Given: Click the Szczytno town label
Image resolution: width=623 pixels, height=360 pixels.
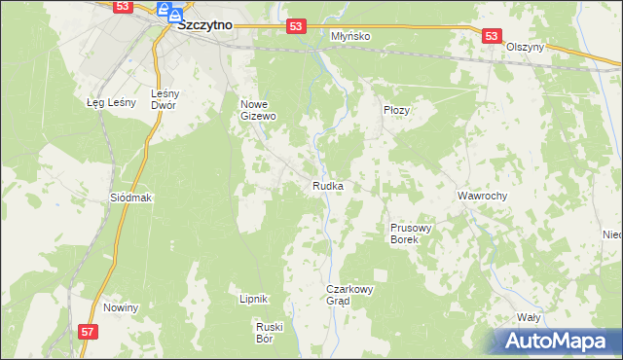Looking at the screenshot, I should [x=204, y=27].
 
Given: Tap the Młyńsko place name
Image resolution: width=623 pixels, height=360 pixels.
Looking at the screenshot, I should [x=350, y=35].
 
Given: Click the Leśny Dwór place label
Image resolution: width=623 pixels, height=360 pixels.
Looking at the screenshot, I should [x=163, y=99].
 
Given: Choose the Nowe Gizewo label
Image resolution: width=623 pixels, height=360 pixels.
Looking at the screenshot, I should [x=259, y=109].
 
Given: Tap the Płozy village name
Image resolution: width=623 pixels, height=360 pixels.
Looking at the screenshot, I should [x=397, y=110].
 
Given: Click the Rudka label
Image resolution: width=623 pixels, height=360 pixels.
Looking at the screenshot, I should [x=327, y=185].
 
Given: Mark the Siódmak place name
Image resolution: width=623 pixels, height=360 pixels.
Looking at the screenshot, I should [x=131, y=197].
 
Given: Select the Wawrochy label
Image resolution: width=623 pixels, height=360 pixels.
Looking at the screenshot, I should [x=483, y=196].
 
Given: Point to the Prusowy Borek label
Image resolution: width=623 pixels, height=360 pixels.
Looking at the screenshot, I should [x=404, y=232].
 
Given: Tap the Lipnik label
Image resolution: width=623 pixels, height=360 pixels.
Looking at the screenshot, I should [x=253, y=299].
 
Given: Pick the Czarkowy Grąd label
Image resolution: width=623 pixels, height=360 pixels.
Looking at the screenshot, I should [x=350, y=295].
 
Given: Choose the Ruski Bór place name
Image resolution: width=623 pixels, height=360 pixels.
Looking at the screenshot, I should [x=269, y=332].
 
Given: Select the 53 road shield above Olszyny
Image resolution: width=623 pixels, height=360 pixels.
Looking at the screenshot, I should [x=492, y=36].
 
